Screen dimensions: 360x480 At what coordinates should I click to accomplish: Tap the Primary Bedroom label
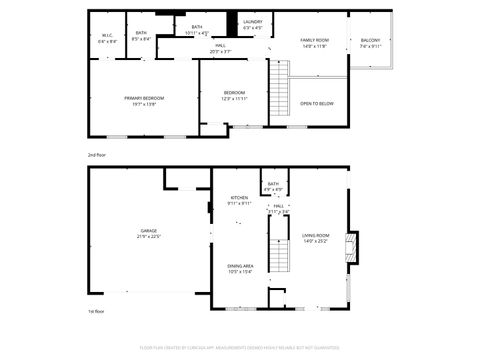click(144, 100)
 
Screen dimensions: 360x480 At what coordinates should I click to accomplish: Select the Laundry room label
click(253, 24)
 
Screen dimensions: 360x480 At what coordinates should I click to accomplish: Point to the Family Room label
click(315, 42)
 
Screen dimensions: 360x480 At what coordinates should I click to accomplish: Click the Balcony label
click(370, 43)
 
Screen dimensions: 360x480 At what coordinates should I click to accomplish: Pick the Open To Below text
click(316, 103)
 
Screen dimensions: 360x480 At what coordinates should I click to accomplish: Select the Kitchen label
click(239, 200)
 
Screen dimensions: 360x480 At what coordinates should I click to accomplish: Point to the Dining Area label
click(240, 268)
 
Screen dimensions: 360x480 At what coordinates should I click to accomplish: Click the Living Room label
click(315, 238)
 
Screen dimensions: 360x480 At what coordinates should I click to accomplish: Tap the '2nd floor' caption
click(96, 156)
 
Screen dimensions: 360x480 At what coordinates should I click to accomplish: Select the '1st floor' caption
click(96, 313)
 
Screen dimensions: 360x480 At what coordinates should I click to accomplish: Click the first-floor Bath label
click(272, 187)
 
